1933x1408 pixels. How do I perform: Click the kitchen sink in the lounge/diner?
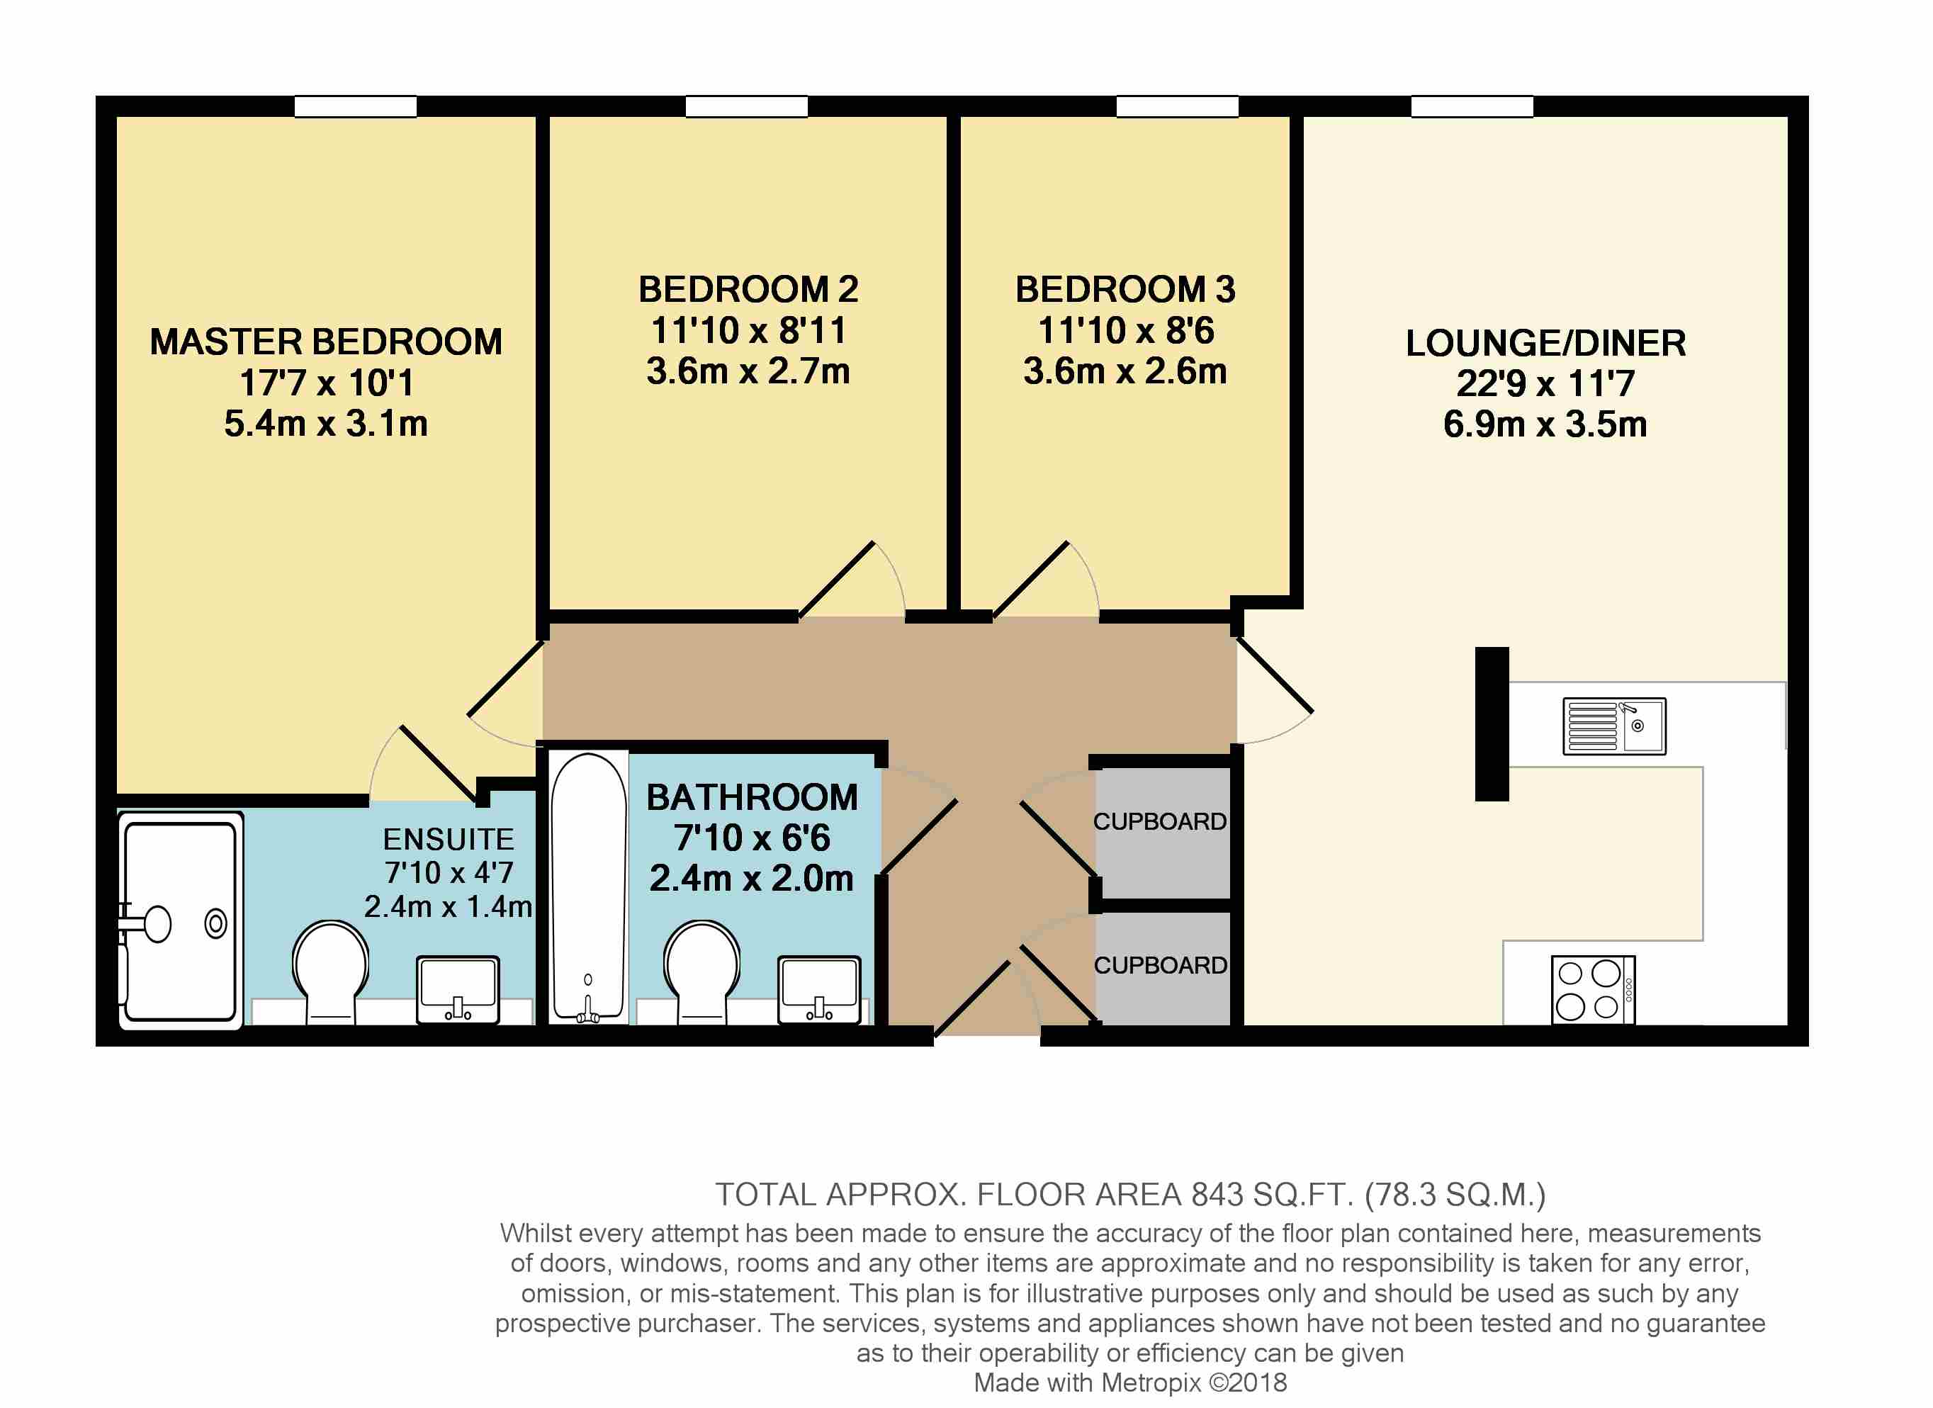1613,726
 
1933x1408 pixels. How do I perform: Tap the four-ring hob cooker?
1592,989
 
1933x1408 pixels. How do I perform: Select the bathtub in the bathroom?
588,887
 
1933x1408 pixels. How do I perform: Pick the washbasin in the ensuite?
458,989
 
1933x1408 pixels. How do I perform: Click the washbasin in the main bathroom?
819,989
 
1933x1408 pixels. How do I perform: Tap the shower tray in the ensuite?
181,920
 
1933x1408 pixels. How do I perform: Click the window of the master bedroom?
356,106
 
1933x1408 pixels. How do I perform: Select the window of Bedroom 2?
747,106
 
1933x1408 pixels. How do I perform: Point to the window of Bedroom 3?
1177,106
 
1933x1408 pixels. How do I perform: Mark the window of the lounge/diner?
1472,106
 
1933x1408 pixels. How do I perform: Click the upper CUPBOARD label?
1160,821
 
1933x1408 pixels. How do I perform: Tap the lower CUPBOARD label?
1160,966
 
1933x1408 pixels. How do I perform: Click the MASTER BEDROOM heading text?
327,342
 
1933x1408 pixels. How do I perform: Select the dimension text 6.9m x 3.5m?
1545,424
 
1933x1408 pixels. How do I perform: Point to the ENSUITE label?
449,840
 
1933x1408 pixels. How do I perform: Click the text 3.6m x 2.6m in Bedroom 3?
1125,371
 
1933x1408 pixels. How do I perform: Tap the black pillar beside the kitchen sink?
1492,723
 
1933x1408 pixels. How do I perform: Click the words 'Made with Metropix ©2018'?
1130,1382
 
